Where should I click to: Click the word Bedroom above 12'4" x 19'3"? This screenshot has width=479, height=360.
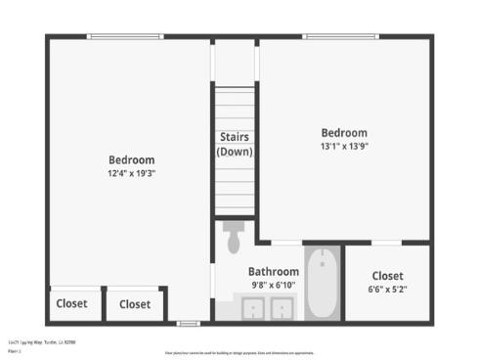(131, 159)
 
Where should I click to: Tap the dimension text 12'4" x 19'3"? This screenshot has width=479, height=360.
(131, 173)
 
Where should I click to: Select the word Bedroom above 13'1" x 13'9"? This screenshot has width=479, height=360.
(344, 133)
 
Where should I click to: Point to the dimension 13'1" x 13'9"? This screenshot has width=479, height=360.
(344, 147)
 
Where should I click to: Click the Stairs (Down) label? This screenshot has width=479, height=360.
(234, 145)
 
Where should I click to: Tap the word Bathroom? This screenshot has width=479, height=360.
(273, 272)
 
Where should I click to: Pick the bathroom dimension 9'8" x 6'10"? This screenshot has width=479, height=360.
(273, 286)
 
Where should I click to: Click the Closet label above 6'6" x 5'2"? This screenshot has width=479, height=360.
(387, 276)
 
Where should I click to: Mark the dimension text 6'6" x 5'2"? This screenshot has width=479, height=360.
(387, 290)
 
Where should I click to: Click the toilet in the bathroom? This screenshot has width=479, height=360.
(234, 237)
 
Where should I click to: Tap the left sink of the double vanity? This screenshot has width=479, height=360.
(252, 310)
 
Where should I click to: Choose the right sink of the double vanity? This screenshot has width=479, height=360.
(284, 310)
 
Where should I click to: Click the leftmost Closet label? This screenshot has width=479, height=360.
(71, 303)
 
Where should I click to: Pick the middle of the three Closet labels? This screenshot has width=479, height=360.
(135, 304)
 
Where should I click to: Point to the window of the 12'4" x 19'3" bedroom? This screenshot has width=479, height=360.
(125, 37)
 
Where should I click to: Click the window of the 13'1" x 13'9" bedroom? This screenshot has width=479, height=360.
(340, 37)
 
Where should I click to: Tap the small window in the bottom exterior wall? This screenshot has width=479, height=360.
(190, 323)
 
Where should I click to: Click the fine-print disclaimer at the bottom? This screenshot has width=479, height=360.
(239, 352)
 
